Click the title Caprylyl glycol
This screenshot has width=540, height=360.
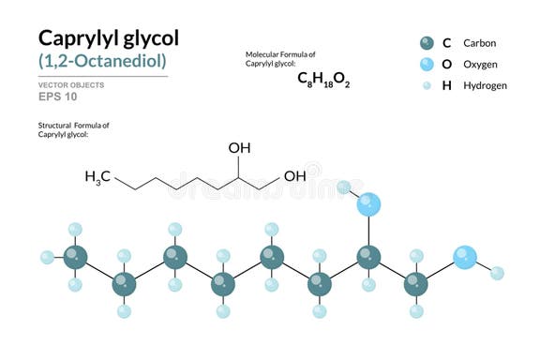pos(108,38)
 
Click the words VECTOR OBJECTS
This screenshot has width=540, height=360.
pos(71,84)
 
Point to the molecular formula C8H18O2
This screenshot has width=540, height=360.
pos(323,79)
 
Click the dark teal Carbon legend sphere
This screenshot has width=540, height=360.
pos(427,43)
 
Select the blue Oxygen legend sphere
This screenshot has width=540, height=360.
pos(427,64)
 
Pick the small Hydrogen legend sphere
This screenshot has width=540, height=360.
pos(427,85)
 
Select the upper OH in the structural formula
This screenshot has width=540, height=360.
pos(239,147)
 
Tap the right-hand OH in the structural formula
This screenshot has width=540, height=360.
pos(295,176)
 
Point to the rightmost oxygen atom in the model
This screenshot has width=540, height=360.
pos(465,257)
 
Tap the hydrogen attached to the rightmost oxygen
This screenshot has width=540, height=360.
pos(497,274)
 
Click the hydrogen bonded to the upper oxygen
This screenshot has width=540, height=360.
pos(345,187)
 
